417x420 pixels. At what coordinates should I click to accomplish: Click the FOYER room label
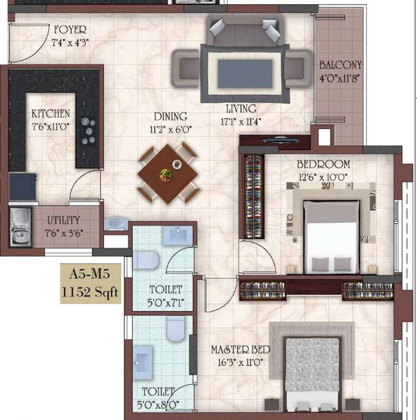pos(69,30)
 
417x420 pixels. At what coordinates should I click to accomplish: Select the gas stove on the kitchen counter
pos(89,131)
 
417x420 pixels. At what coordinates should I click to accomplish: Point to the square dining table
pos(167,173)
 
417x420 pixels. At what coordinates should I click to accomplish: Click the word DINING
pos(170,116)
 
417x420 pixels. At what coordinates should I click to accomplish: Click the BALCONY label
pos(340,65)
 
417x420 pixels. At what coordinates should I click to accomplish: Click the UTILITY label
pos(63,220)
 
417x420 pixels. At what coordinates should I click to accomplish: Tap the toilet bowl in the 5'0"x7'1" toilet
pos(145,259)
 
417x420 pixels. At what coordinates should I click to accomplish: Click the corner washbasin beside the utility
pos(116,223)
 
